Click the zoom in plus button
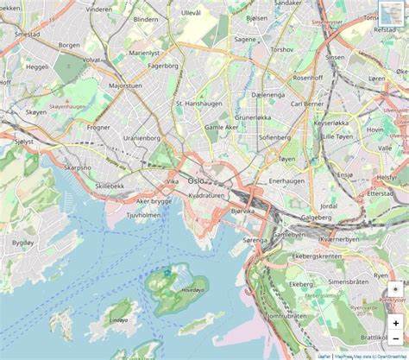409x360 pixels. (396, 322)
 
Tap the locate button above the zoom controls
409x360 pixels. (396, 289)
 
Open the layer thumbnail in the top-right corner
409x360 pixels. (393, 15)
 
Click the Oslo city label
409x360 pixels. (197, 180)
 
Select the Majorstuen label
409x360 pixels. (126, 86)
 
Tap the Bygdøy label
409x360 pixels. (22, 243)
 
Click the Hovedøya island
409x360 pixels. (178, 288)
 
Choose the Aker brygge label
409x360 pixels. (154, 200)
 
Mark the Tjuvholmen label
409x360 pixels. (144, 215)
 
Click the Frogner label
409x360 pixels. (98, 127)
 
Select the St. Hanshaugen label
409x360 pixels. (199, 104)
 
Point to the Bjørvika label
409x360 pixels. (242, 210)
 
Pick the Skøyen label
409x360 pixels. (36, 112)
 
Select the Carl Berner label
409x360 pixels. (308, 104)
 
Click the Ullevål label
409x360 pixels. (191, 13)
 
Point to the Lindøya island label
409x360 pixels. (118, 319)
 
